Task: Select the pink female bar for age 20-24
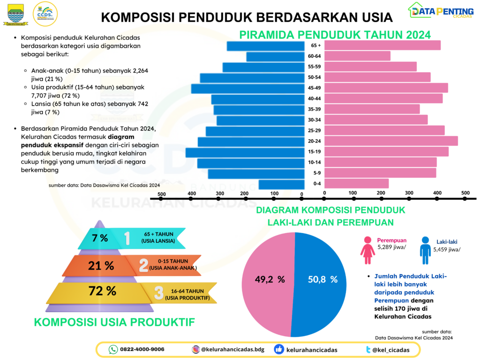pos(391,141)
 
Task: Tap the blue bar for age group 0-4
pos(280,184)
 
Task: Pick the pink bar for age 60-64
pos(357,56)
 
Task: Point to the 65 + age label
pos(316,45)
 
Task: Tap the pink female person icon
pos(367,250)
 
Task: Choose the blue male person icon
pos(425,250)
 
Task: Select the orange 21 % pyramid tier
pos(101,266)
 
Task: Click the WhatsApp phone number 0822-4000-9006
pos(142,349)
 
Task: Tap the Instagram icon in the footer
pos(195,349)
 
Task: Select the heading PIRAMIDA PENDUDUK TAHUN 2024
pos(335,35)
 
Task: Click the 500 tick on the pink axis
pos(465,193)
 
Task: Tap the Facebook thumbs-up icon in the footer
pos(279,349)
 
